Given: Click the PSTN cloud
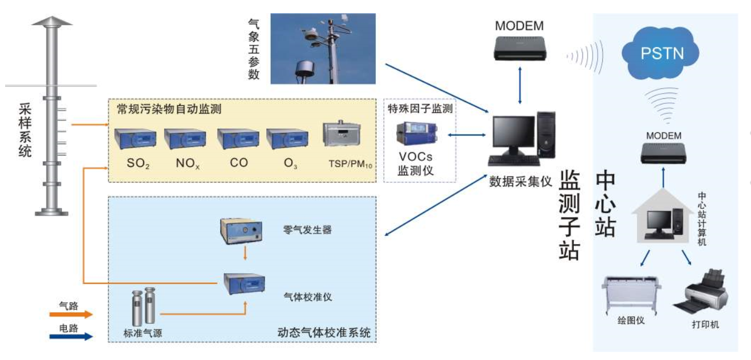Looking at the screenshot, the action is tap(660, 53).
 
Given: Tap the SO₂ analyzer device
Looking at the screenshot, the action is tap(136, 139).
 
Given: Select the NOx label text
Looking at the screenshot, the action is tap(188, 164).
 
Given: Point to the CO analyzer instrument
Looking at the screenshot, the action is tap(238, 139).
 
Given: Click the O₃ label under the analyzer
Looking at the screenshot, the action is tap(290, 164).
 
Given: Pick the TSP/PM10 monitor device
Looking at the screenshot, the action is tap(342, 133).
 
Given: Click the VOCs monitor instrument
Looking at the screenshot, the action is tap(417, 133).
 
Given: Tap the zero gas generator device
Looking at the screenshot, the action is tap(241, 231).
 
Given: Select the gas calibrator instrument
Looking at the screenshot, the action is tap(245, 284).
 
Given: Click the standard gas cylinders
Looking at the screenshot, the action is tap(144, 306).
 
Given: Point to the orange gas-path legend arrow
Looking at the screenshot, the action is tap(71, 315).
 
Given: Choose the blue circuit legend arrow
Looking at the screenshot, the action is tap(71, 337).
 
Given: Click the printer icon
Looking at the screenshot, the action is tap(700, 291).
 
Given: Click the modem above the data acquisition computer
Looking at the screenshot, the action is tap(520, 49).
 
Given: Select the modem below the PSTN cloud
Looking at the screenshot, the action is tap(664, 154).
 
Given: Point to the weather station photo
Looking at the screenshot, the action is tap(323, 49).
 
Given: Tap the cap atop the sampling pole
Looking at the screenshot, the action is tap(52, 21).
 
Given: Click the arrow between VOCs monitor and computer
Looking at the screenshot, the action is tap(467, 135).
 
